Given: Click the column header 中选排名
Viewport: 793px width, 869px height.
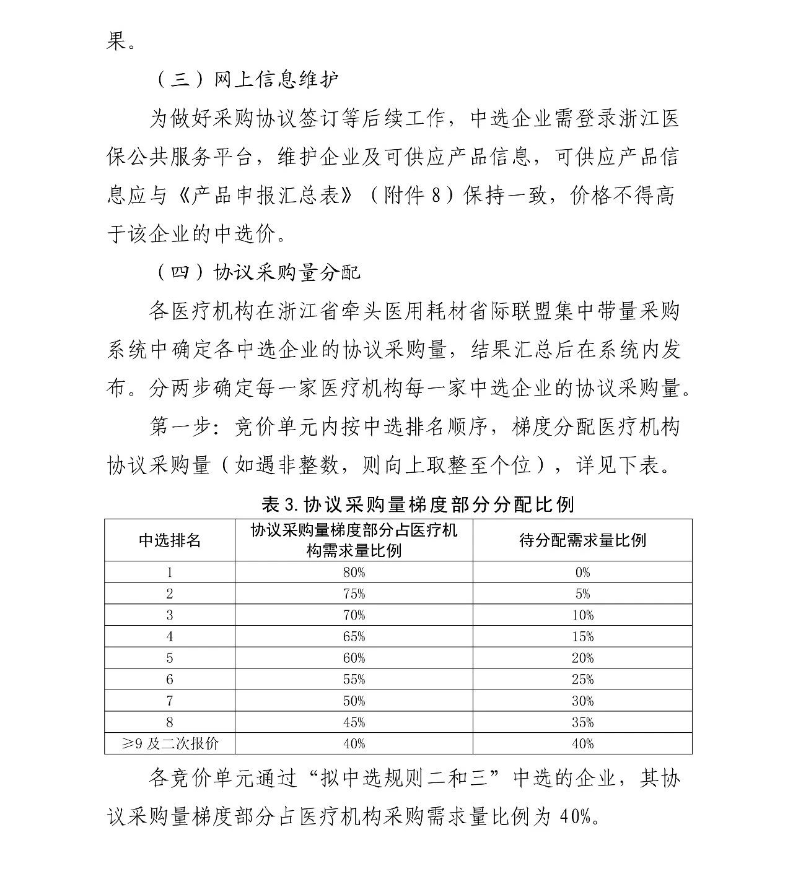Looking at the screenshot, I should pyautogui.click(x=170, y=540).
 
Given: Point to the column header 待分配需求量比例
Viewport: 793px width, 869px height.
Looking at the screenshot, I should pyautogui.click(x=582, y=540).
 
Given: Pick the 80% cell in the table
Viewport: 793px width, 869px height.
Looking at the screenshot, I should pyautogui.click(x=354, y=572).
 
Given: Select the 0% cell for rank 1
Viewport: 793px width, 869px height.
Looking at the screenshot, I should pyautogui.click(x=582, y=572).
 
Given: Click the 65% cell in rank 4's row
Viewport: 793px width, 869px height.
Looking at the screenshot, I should pyautogui.click(x=354, y=636).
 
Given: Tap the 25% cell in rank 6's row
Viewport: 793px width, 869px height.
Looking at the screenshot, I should pyautogui.click(x=582, y=679).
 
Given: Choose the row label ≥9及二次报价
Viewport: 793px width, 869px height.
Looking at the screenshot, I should pyautogui.click(x=170, y=743).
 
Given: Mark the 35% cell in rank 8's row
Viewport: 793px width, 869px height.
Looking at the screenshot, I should pyautogui.click(x=582, y=722).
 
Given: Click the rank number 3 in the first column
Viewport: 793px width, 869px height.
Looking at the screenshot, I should pyautogui.click(x=170, y=615).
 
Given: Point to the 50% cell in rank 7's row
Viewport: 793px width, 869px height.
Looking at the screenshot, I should pyautogui.click(x=354, y=701).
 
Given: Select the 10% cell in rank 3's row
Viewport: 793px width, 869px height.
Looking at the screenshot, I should pyautogui.click(x=582, y=615).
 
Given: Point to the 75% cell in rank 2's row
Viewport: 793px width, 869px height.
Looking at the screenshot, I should pyautogui.click(x=354, y=594).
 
